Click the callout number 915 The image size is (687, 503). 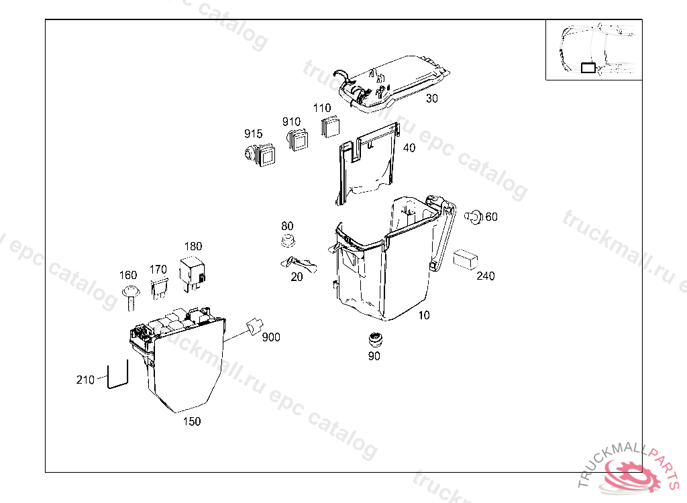(254, 134)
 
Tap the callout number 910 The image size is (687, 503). (291, 121)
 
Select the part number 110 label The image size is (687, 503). (322, 108)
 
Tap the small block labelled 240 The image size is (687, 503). (465, 260)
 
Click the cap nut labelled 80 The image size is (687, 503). (287, 241)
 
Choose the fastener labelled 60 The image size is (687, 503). (474, 217)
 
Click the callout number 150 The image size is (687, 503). (192, 422)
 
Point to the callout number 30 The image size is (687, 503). (431, 98)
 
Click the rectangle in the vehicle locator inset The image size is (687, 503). (588, 66)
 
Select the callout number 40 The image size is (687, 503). (409, 148)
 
